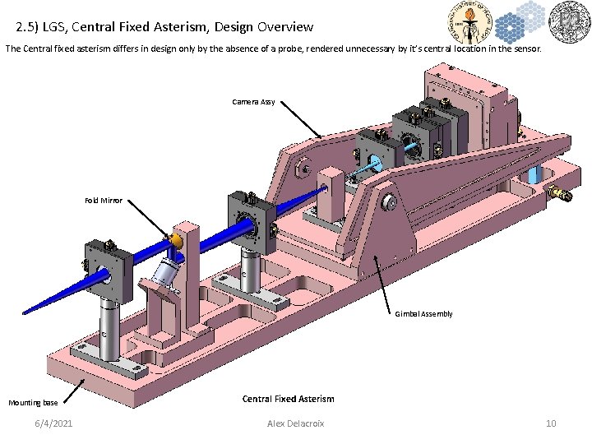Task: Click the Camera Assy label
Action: click(253, 102)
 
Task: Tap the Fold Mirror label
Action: click(104, 201)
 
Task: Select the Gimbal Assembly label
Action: click(423, 314)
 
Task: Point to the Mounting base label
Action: click(33, 403)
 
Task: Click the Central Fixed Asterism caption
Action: click(288, 399)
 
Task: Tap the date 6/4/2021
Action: click(53, 423)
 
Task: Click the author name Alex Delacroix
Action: click(296, 423)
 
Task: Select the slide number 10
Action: click(551, 423)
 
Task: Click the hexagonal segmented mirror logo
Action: click(516, 22)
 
